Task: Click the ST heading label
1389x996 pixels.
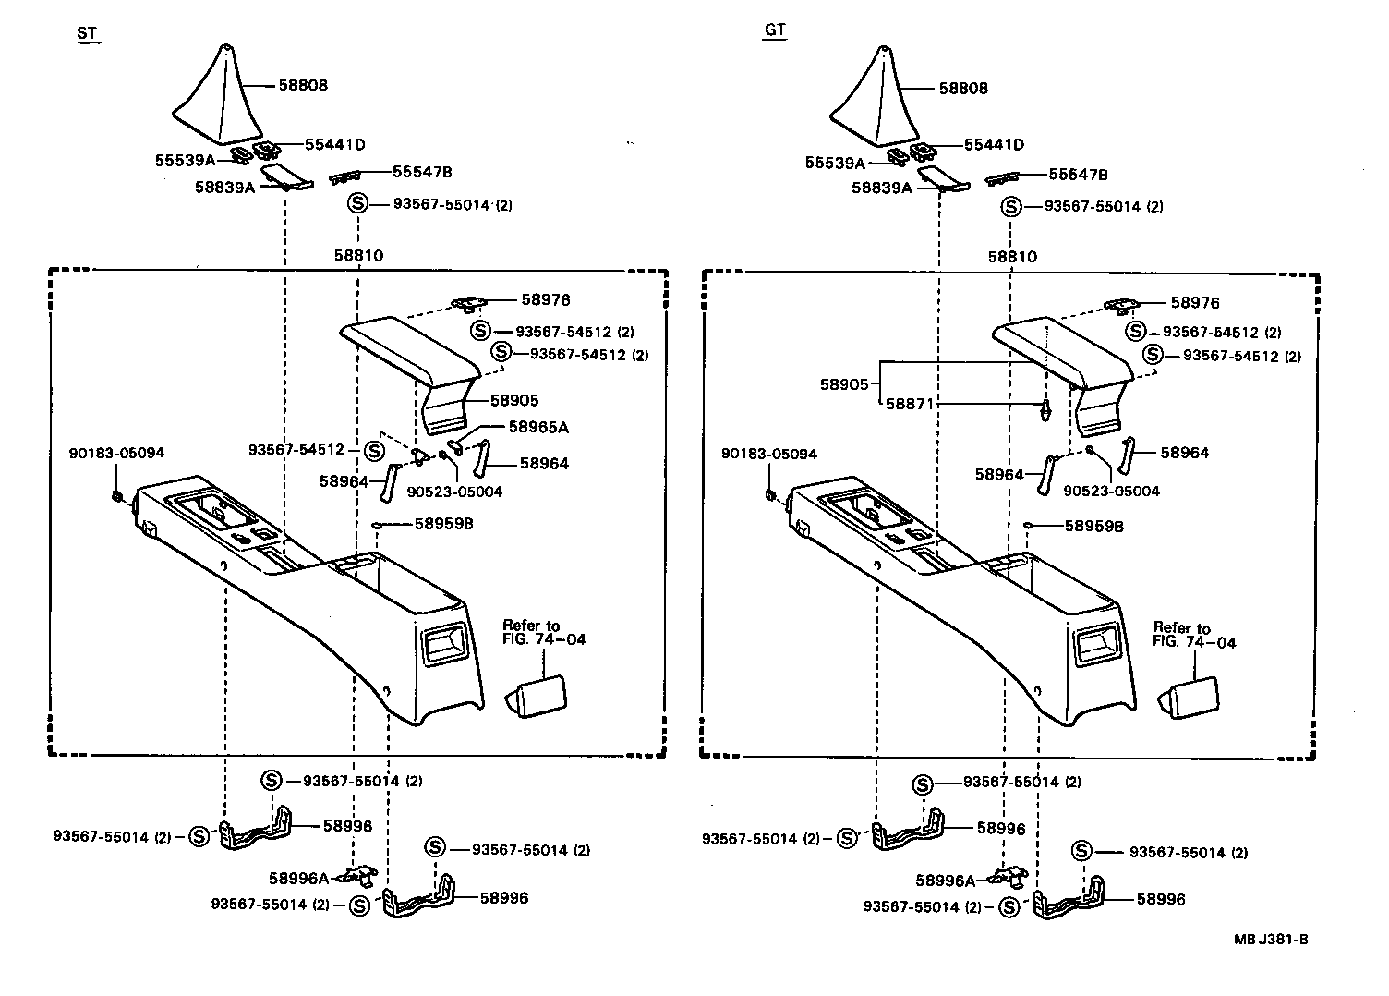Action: click(87, 34)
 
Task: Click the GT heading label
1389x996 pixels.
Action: click(775, 30)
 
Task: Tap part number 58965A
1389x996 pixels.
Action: click(538, 427)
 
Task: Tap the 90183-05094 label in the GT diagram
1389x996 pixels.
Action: click(771, 454)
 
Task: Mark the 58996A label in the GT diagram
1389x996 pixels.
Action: click(946, 881)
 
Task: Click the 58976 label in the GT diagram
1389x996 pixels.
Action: click(1195, 303)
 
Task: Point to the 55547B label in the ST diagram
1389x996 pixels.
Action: click(422, 172)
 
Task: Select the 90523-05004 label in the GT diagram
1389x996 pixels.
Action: click(1111, 491)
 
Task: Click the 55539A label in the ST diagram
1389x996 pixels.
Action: click(185, 160)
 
